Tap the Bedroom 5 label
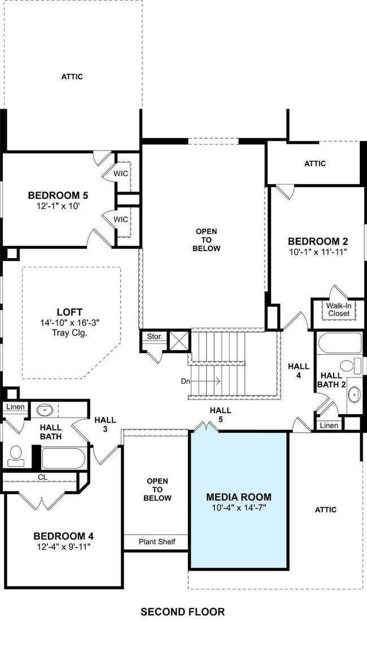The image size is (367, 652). (x=58, y=195)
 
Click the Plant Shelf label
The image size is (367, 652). (x=157, y=541)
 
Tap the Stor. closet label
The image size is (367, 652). (x=155, y=336)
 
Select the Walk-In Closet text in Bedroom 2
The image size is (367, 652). (x=339, y=310)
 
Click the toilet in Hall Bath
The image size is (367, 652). (x=16, y=456)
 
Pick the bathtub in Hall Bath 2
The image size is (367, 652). (x=339, y=343)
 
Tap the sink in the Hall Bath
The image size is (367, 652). (x=45, y=410)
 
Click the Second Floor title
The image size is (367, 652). (x=182, y=612)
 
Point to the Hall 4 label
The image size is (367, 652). (x=299, y=371)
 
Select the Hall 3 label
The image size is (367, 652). (x=105, y=424)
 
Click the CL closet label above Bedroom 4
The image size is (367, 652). (x=43, y=477)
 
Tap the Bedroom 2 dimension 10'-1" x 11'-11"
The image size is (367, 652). (x=317, y=251)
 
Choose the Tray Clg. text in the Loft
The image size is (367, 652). (x=69, y=333)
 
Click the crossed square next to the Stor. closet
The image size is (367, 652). (x=179, y=341)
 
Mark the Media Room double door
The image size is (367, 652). (x=207, y=427)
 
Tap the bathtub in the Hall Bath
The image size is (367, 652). (x=64, y=458)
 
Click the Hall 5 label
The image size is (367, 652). (x=220, y=415)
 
